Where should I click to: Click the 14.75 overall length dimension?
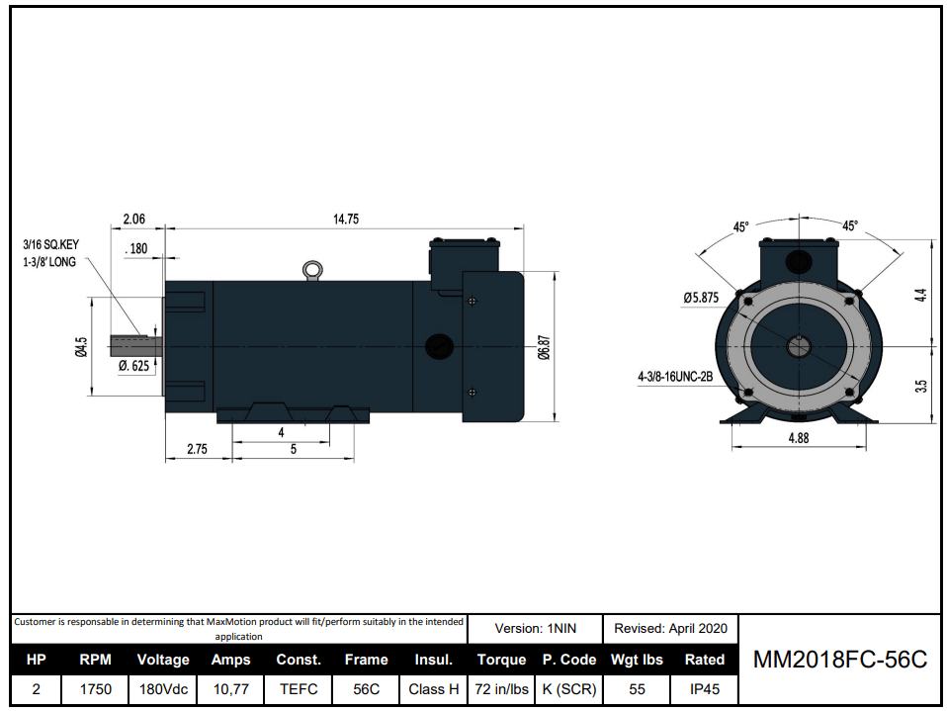click(345, 220)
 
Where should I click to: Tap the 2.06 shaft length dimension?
click(133, 220)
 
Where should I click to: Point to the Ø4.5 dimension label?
click(82, 347)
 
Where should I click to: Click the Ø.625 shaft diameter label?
click(133, 365)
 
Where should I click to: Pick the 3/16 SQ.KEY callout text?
click(53, 243)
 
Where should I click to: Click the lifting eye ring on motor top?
click(312, 268)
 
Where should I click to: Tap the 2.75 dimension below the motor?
click(197, 449)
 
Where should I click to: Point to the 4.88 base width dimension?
click(798, 437)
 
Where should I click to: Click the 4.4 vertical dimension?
click(921, 295)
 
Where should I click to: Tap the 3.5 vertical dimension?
click(921, 386)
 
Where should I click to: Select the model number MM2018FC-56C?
click(840, 660)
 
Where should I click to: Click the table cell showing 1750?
click(96, 689)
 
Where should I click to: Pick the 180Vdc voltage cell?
click(162, 689)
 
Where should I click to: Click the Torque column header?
click(501, 660)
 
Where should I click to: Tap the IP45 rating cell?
click(704, 689)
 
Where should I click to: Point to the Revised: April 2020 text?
click(670, 628)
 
